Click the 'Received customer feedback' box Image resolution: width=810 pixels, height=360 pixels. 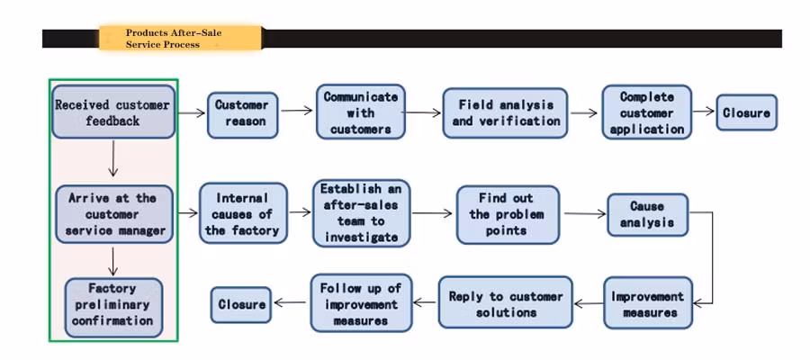[x=112, y=112]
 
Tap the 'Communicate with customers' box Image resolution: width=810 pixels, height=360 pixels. [x=360, y=112]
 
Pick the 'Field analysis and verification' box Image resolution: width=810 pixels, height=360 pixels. [x=505, y=112]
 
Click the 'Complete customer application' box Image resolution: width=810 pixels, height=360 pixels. [x=646, y=112]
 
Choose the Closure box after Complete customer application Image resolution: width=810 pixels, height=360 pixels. [x=746, y=112]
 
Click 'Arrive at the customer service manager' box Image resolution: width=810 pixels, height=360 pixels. [x=113, y=214]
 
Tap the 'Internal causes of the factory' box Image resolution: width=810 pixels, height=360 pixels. [x=242, y=214]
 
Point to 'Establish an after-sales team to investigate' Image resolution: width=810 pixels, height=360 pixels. [x=360, y=212]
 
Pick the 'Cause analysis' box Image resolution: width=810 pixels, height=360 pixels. [x=646, y=215]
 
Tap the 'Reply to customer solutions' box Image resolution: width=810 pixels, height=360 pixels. [x=505, y=302]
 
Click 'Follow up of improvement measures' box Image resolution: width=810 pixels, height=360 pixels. [x=361, y=304]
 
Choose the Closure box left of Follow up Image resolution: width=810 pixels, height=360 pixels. [x=242, y=304]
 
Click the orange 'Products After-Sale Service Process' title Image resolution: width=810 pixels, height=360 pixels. [x=180, y=38]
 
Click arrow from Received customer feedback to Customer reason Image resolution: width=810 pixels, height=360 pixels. [x=192, y=113]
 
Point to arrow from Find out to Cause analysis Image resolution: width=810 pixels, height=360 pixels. [x=585, y=214]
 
